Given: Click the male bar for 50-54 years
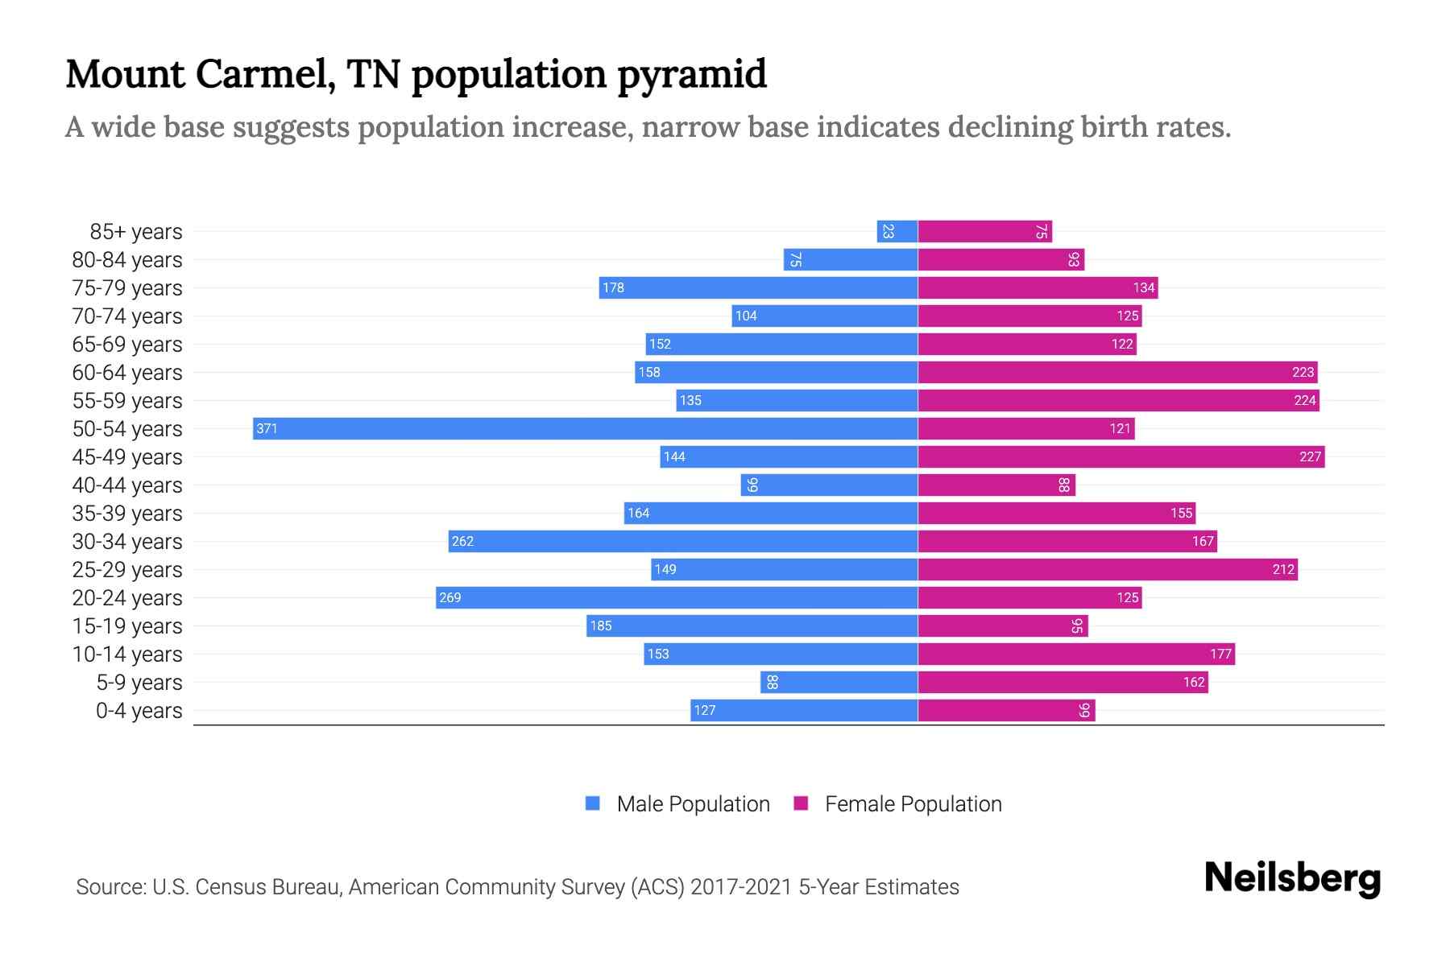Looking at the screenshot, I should coord(586,428).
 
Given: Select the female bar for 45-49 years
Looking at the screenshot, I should coord(1121,456).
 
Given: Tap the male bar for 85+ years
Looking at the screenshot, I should coord(897,231).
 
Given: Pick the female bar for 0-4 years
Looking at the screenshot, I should coord(1006,710).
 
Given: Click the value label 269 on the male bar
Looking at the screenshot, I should coord(450,597).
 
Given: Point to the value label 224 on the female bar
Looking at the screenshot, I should coord(1304,400).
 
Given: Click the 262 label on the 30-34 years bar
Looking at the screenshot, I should coord(462,541).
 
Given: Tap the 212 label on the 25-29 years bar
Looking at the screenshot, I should coord(1283,569).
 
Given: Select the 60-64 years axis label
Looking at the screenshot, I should coord(127,372).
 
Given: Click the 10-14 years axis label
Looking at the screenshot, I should coord(127,654).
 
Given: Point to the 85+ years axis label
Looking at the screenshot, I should coord(136,231).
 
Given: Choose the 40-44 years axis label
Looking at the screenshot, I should coord(127,485).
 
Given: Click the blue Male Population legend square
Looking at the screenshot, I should coord(593,803).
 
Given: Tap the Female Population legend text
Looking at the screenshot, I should coord(913,803).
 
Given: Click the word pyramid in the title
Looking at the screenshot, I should coord(692,74).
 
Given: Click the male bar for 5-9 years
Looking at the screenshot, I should coord(839,682).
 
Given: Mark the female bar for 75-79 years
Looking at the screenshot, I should coord(1038,287).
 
